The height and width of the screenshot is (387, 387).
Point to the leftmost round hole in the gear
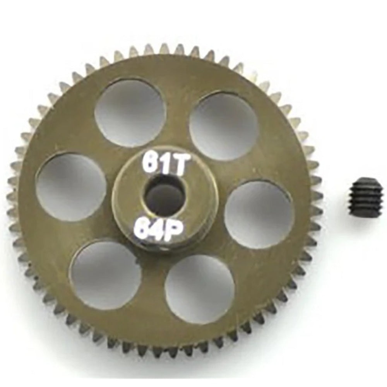pos(71,187)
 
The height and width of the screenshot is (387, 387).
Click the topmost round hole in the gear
pos(130,113)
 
